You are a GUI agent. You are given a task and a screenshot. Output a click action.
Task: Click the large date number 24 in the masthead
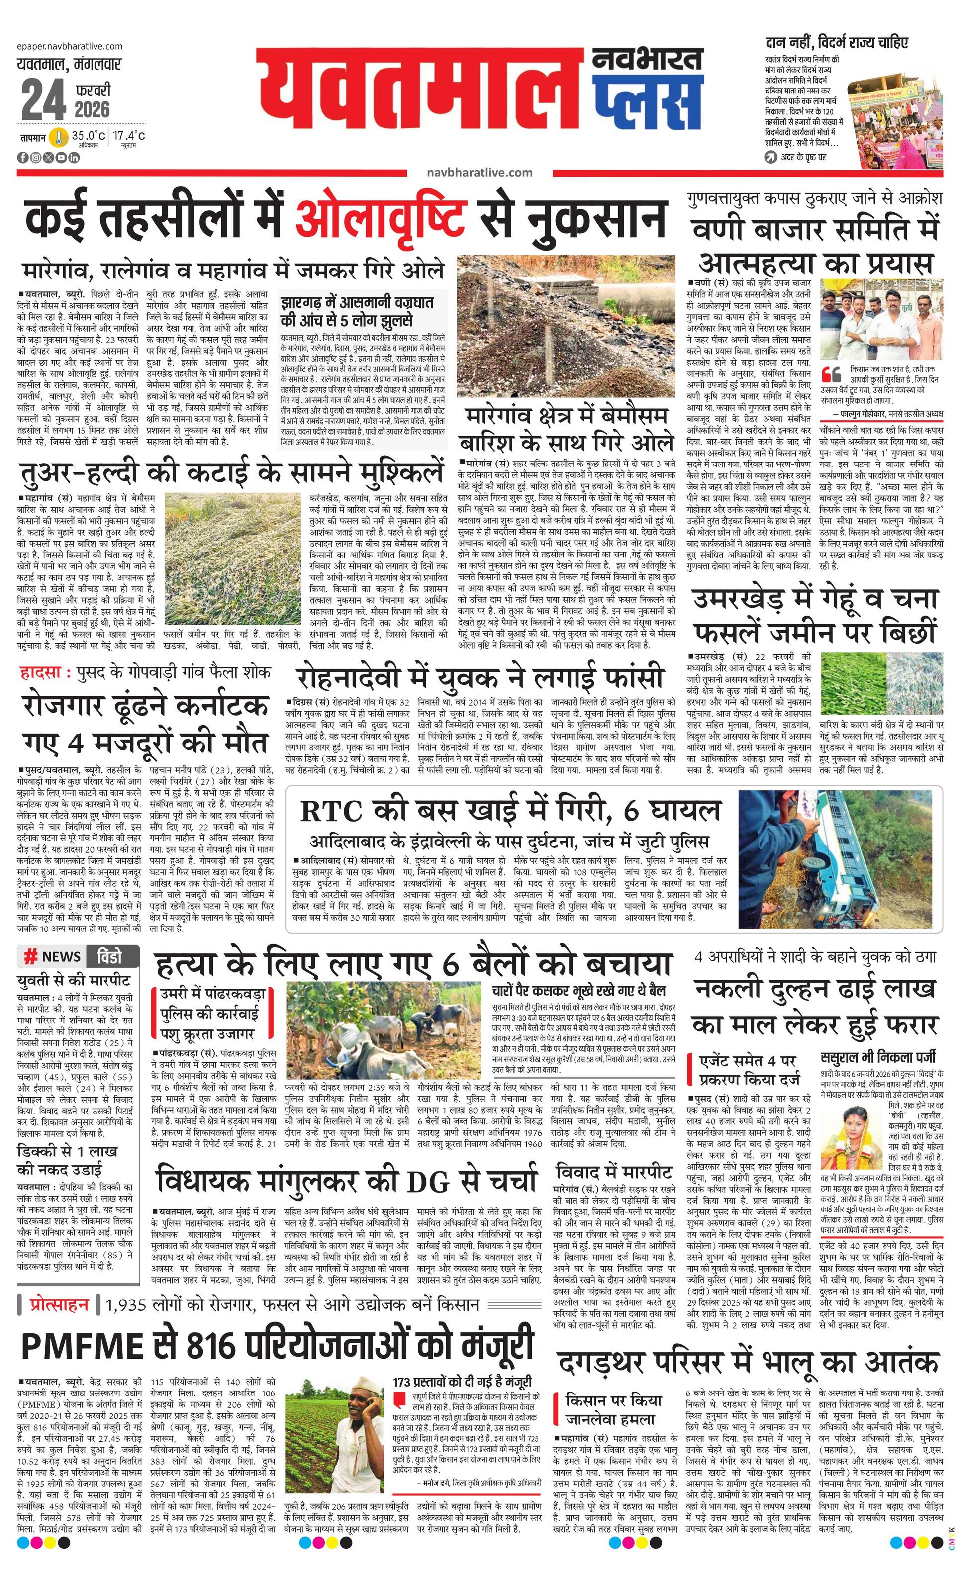(x=43, y=100)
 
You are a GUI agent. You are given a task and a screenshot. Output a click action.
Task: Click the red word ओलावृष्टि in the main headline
(x=381, y=218)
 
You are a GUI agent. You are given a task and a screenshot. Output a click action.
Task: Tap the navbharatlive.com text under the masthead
(x=479, y=172)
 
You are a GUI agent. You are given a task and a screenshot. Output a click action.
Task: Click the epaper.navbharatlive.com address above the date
(x=71, y=46)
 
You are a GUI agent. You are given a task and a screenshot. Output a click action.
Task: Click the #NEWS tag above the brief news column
(x=53, y=957)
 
